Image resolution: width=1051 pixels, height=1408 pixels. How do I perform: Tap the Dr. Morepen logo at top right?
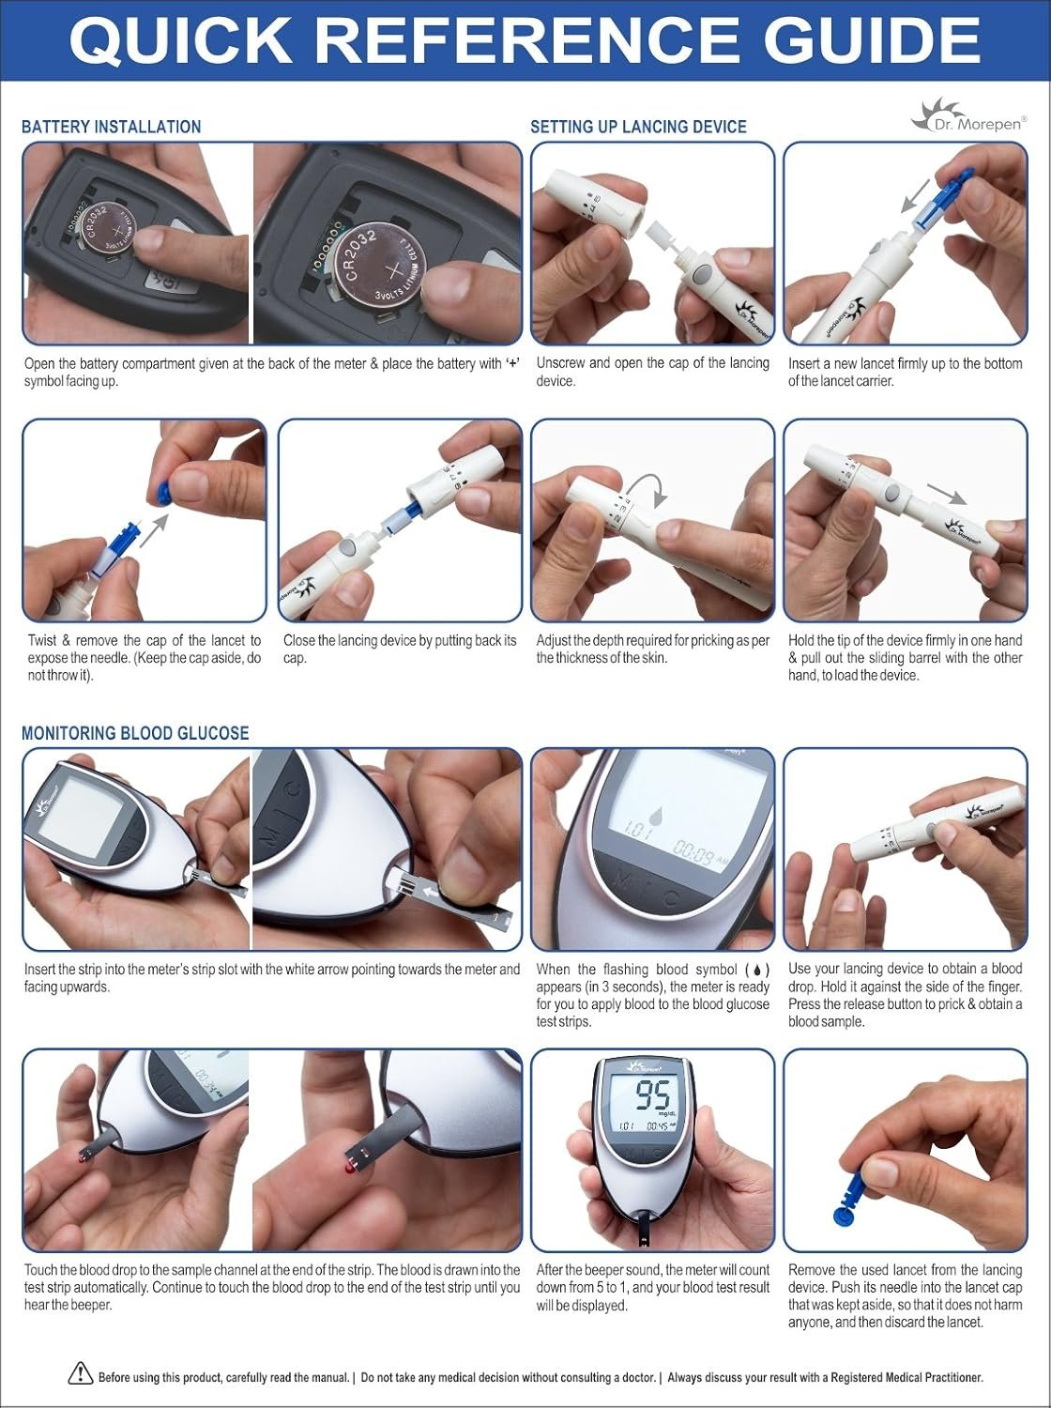[x=968, y=116]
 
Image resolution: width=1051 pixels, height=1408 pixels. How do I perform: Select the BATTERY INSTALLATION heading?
[x=111, y=127]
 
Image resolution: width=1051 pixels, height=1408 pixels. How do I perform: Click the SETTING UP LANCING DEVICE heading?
[x=638, y=127]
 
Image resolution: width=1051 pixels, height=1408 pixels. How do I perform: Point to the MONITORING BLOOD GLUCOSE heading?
[x=135, y=733]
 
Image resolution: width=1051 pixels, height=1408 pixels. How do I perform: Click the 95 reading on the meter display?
[x=653, y=1096]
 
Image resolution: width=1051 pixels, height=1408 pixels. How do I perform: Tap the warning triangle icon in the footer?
[x=80, y=1373]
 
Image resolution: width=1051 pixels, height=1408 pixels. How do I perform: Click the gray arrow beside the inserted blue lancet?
[x=915, y=195]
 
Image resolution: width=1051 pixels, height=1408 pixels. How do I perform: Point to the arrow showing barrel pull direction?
[x=946, y=494]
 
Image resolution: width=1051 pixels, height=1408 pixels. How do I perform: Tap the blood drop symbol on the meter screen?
[x=655, y=816]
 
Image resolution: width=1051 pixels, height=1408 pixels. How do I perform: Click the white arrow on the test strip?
[x=432, y=893]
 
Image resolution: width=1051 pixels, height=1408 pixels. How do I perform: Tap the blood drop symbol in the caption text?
[x=757, y=970]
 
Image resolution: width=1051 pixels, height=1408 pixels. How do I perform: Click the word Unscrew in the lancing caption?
[x=560, y=363]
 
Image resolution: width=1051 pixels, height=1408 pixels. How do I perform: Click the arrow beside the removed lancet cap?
[x=154, y=530]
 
